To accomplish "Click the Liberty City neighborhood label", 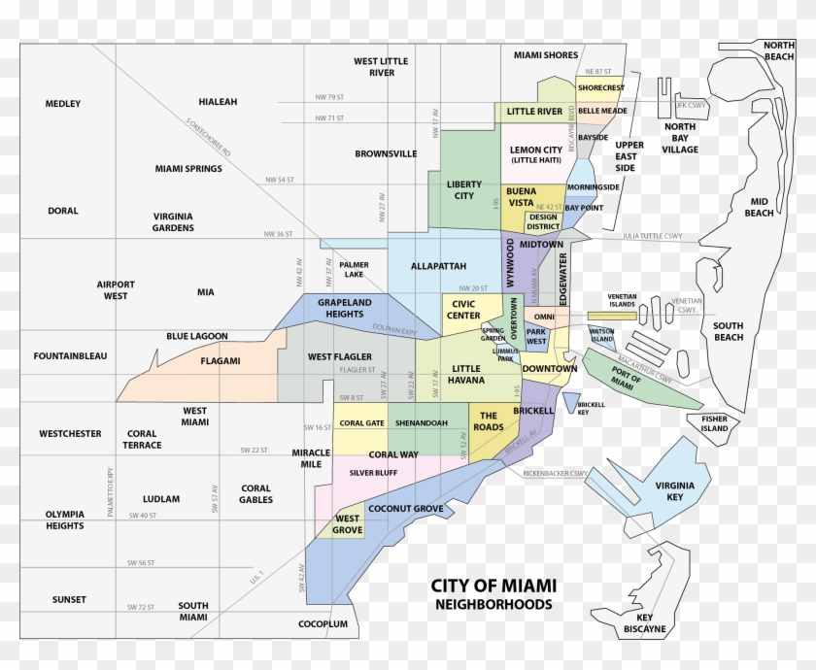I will pos(464,189).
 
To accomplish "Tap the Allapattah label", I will pos(438,265).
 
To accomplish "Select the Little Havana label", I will pos(465,374).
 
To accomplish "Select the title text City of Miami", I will pos(493,586).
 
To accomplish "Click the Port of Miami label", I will pos(629,380).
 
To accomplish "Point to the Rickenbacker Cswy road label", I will pos(555,474).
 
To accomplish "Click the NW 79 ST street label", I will pos(330,97).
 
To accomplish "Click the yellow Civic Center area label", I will pos(462,309).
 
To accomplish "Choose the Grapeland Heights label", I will pos(344,308).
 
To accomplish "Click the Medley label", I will pos(63,104).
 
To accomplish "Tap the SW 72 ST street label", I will pos(142,607).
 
